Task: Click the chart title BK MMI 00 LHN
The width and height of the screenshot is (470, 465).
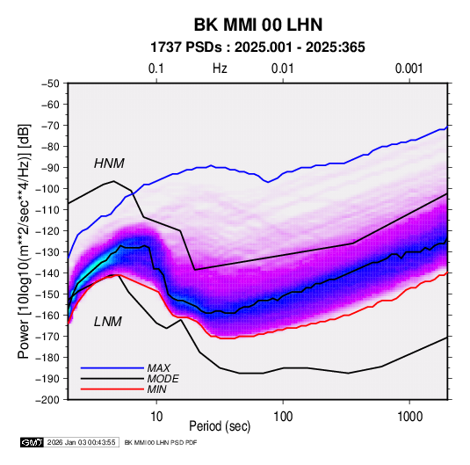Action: (x=258, y=25)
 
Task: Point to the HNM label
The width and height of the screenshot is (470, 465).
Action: (x=109, y=163)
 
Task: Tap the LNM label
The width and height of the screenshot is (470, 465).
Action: (x=108, y=322)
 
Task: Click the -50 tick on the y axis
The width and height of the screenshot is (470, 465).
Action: (x=50, y=84)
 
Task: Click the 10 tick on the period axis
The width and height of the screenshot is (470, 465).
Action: (x=156, y=417)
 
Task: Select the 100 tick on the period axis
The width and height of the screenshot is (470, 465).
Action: (x=283, y=417)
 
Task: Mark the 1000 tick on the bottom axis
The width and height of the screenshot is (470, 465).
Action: (x=409, y=417)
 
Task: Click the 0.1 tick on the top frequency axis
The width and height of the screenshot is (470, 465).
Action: (x=156, y=69)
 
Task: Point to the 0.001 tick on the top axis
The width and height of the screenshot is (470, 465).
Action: (x=409, y=69)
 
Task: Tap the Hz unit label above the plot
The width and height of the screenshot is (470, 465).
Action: (x=220, y=69)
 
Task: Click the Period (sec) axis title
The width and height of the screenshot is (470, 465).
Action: (x=220, y=426)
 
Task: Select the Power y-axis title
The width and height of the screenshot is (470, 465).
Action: (x=24, y=241)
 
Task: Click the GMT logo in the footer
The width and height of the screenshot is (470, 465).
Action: (x=33, y=442)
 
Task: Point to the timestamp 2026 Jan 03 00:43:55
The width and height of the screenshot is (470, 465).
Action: (x=82, y=442)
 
